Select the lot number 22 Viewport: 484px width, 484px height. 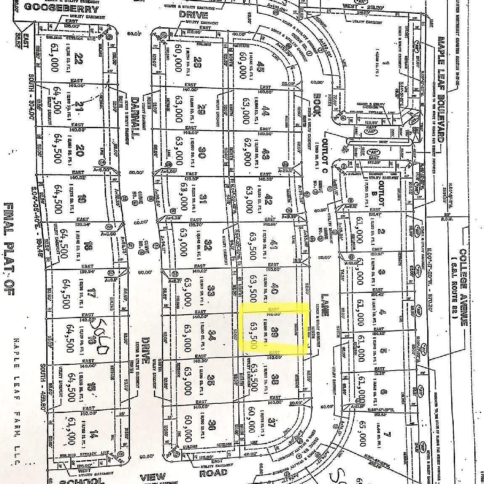[77, 57]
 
